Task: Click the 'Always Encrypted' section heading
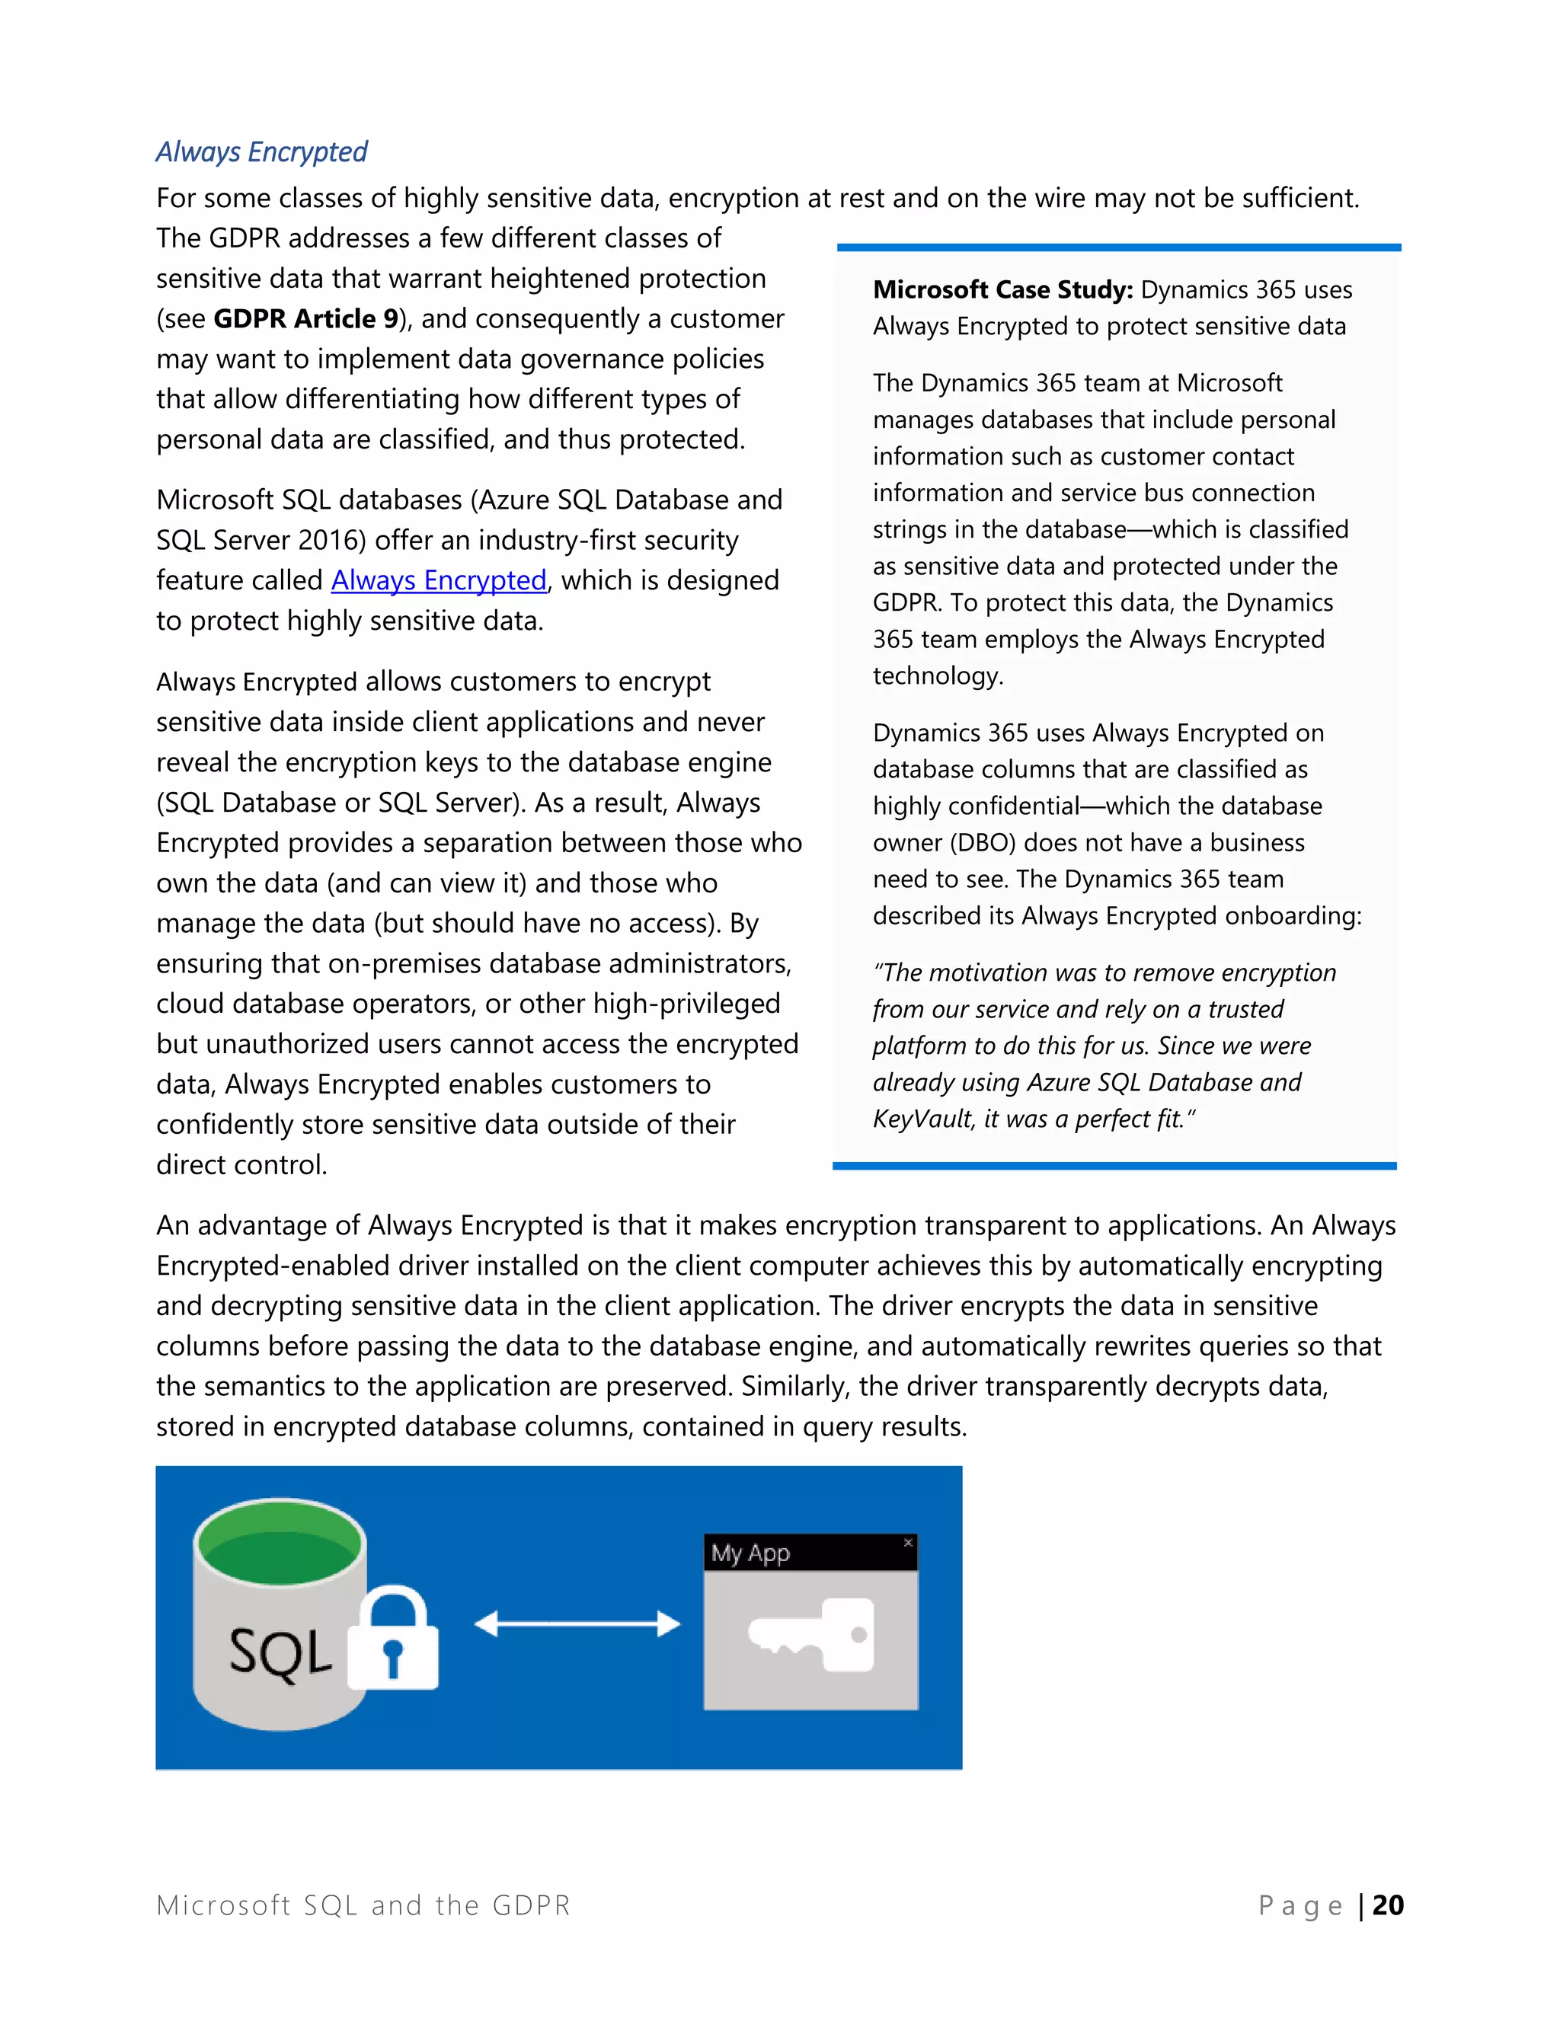click(x=261, y=152)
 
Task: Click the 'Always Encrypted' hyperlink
click(x=438, y=580)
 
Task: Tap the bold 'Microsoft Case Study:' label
click(x=1002, y=290)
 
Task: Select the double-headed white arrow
click(x=577, y=1624)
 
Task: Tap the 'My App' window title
click(x=750, y=1553)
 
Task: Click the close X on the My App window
click(x=907, y=1542)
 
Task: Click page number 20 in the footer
click(x=1387, y=1905)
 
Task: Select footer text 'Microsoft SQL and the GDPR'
click(x=363, y=1905)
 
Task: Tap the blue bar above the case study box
click(x=1118, y=247)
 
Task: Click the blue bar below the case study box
click(x=1114, y=1166)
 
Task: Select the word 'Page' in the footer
click(x=1299, y=1905)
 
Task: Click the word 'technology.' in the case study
click(x=937, y=676)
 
